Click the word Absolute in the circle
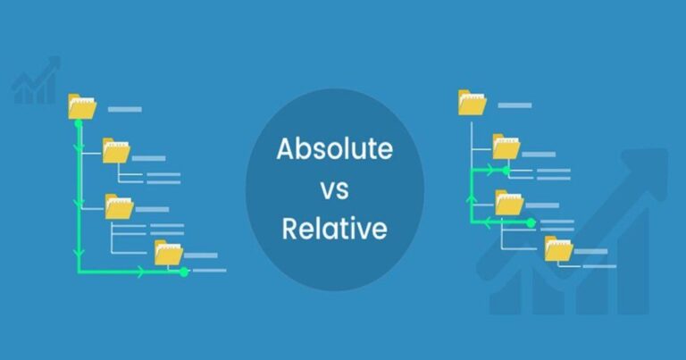point(334,148)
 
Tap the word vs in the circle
point(334,188)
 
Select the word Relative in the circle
point(334,229)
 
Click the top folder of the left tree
point(82,107)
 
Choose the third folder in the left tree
point(119,206)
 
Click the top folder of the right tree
point(472,103)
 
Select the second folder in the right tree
point(506,147)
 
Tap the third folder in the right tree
point(509,203)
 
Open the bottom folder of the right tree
point(558,249)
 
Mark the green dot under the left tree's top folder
point(78,124)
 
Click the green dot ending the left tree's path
point(185,271)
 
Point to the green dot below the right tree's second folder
point(506,170)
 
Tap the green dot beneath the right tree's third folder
point(530,222)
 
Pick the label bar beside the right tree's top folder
point(515,105)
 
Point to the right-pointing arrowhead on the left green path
point(141,271)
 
